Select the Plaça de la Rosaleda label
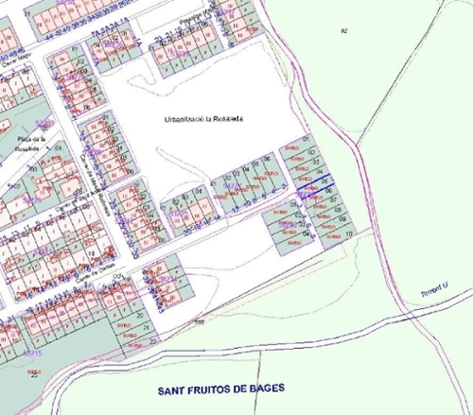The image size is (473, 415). click(x=28, y=144)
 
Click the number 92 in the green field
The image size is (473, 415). click(x=343, y=33)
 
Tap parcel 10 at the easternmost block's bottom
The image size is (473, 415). click(x=349, y=233)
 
